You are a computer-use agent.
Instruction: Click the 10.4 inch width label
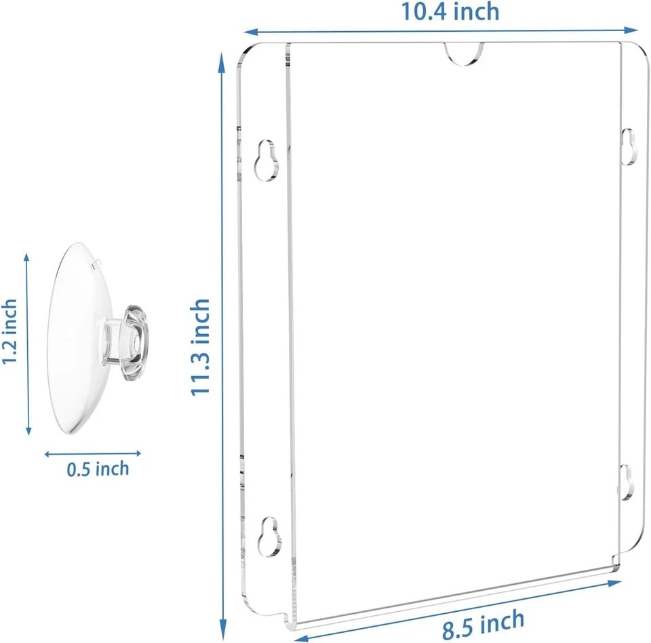click(x=450, y=12)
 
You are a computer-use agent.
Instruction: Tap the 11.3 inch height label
click(x=201, y=348)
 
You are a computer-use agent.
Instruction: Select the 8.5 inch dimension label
click(x=483, y=623)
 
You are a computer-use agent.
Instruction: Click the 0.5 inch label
click(x=98, y=468)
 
